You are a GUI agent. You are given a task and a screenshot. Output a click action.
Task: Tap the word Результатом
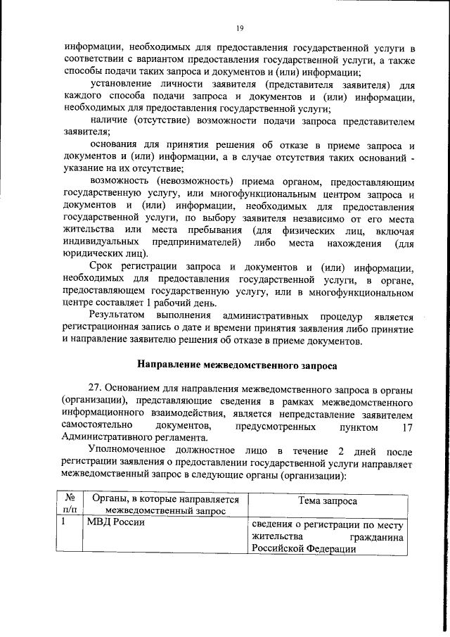click(118, 317)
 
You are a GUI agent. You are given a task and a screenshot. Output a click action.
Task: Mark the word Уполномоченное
click(129, 450)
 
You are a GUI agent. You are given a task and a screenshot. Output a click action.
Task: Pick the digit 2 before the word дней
click(342, 450)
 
